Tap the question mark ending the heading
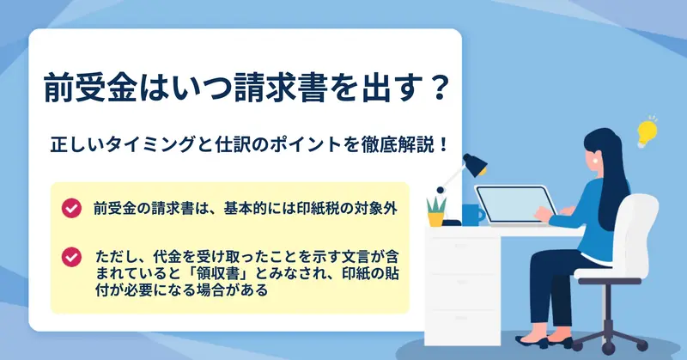436,88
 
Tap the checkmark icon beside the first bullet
71,208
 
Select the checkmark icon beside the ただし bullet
71,257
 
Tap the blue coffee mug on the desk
473,215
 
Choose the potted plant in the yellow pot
436,212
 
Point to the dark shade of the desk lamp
476,165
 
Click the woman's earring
596,162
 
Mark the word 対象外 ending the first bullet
375,208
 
